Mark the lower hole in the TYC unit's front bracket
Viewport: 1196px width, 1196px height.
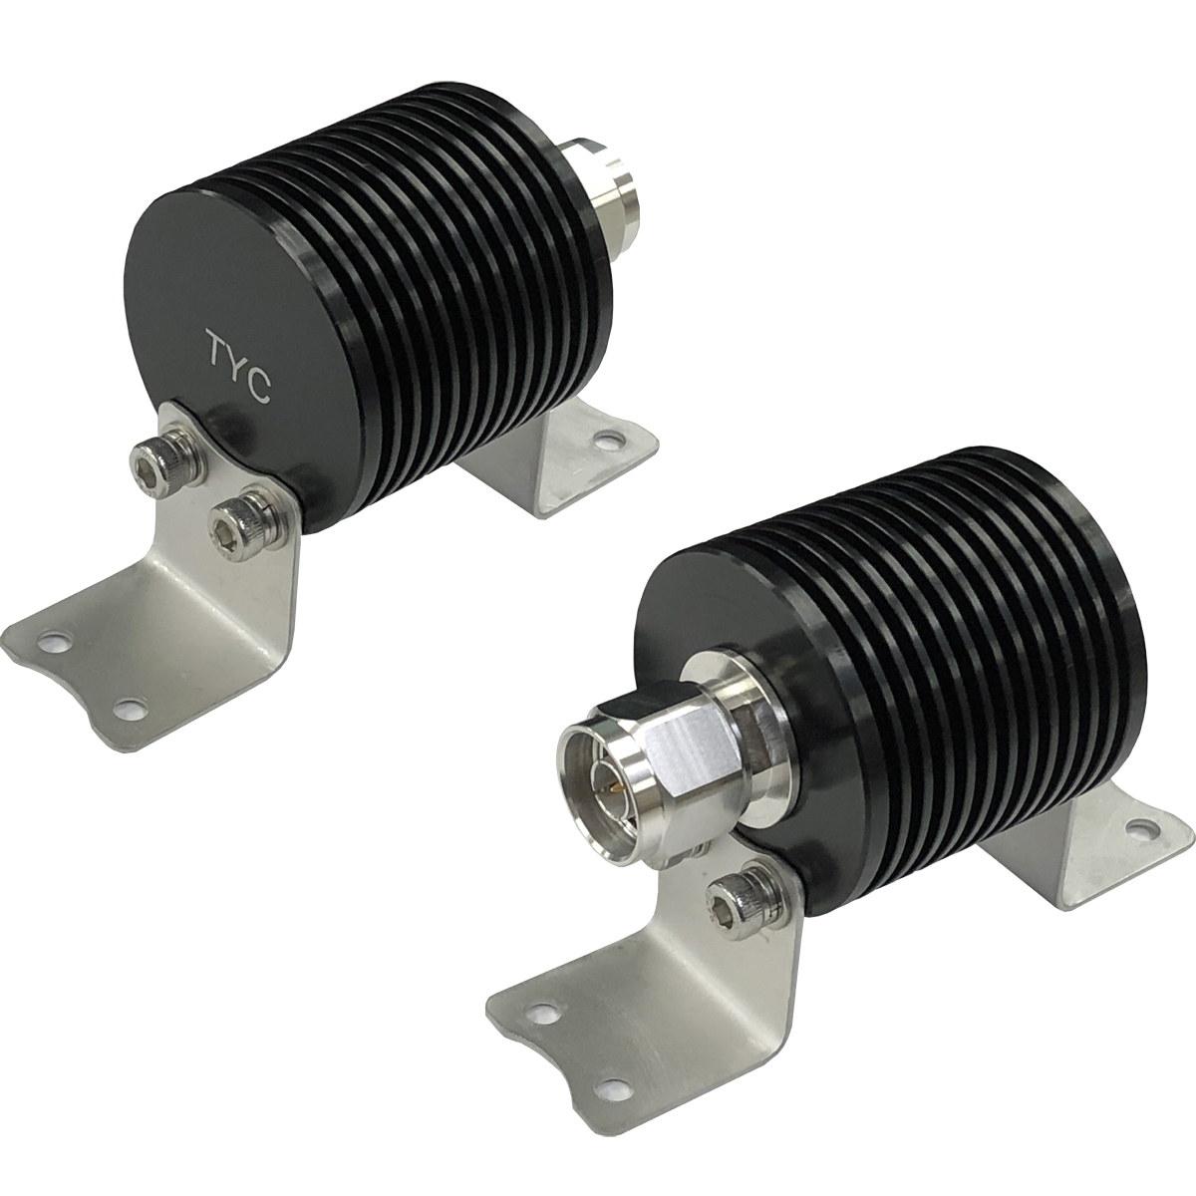click(x=126, y=707)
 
